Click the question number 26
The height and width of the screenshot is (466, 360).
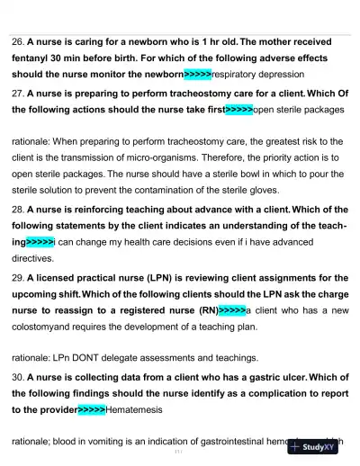pyautogui.click(x=17, y=41)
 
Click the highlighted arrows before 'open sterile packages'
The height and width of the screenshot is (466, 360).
pyautogui.click(x=238, y=109)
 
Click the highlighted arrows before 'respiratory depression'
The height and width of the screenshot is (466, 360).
pyautogui.click(x=198, y=74)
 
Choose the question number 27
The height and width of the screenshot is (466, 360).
pyautogui.click(x=17, y=93)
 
